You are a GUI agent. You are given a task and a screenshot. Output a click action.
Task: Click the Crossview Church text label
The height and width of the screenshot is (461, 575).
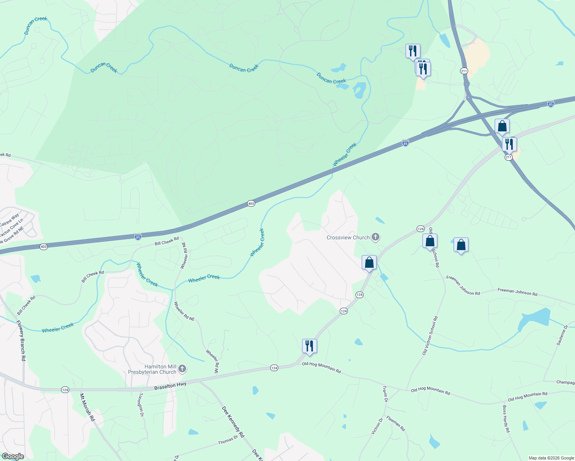(348, 237)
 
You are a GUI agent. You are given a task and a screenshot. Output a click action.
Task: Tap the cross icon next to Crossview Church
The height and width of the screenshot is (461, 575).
(376, 237)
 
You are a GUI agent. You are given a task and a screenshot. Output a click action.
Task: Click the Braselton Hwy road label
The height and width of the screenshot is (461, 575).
(170, 385)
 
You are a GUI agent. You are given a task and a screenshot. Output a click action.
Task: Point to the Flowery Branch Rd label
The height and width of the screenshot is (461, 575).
(21, 340)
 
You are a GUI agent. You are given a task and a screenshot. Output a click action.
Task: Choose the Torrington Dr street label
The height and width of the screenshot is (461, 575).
(141, 405)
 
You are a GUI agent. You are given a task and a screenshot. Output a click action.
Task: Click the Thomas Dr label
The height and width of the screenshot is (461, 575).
(228, 440)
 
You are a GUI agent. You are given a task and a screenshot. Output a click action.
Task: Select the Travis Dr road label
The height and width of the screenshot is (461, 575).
(385, 394)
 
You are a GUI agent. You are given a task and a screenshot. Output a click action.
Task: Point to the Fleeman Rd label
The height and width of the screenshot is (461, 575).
(396, 423)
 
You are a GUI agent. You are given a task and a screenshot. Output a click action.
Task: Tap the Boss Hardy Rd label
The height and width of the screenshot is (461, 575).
(506, 419)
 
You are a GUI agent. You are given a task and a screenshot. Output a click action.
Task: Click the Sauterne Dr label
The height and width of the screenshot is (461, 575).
(562, 335)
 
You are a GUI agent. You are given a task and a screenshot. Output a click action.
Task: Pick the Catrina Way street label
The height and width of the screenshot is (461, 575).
(9, 220)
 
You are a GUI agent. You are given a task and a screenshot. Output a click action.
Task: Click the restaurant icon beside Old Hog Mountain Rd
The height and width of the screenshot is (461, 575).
(309, 346)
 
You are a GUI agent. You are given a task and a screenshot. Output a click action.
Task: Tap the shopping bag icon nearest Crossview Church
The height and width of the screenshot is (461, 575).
(369, 262)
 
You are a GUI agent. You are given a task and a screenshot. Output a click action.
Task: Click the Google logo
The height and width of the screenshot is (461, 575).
(13, 456)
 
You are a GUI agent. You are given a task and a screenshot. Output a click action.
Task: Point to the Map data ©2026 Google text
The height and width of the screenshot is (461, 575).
(551, 458)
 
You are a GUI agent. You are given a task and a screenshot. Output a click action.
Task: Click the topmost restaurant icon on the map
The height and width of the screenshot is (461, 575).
(413, 50)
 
